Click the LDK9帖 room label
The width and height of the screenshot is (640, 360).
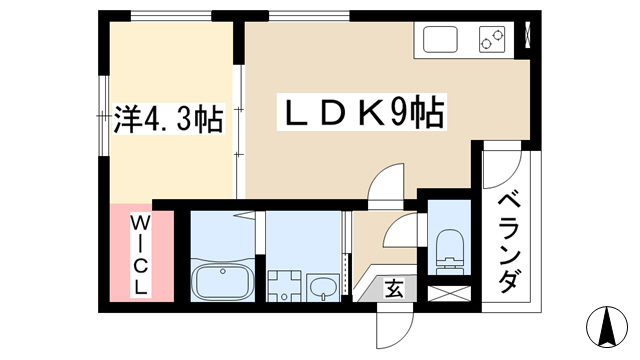click(x=362, y=112)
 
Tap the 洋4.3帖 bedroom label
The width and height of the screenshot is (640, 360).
click(x=168, y=118)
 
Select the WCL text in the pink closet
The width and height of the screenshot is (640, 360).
click(x=140, y=256)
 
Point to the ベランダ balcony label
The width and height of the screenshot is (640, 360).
click(x=510, y=244)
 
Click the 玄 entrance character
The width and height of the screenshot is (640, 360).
click(x=394, y=289)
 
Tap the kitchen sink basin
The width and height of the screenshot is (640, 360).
click(x=440, y=39)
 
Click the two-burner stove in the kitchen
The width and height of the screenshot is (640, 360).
click(x=491, y=39)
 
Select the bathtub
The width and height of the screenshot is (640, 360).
click(x=223, y=281)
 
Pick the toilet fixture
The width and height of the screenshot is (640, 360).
click(x=450, y=252)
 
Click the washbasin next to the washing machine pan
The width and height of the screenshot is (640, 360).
click(x=323, y=287)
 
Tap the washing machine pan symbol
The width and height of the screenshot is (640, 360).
click(x=284, y=286)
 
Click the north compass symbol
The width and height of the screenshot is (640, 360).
click(x=607, y=327)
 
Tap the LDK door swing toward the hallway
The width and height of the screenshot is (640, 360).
click(x=386, y=183)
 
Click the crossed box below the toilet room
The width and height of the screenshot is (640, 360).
click(x=449, y=294)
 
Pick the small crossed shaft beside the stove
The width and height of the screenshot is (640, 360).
click(x=527, y=35)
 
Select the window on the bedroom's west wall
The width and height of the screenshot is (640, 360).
click(x=104, y=116)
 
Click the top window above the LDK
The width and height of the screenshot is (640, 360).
click(x=309, y=16)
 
